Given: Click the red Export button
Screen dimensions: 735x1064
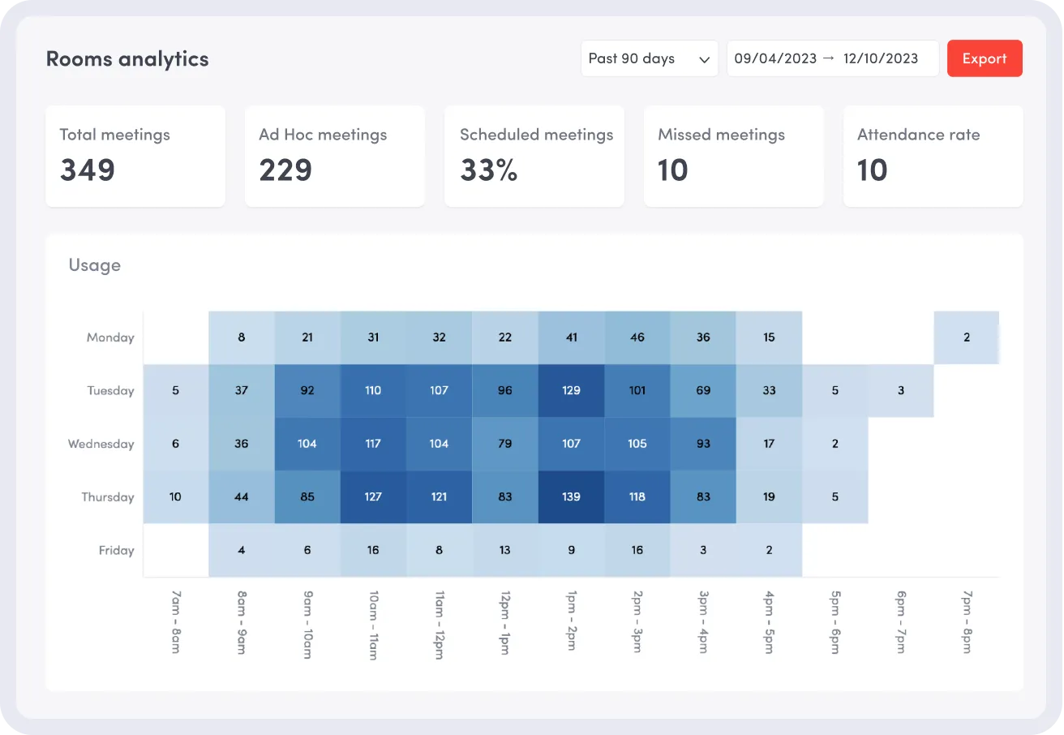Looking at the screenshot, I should pyautogui.click(x=985, y=58).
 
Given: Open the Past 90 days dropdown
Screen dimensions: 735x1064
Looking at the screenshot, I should pyautogui.click(x=649, y=58).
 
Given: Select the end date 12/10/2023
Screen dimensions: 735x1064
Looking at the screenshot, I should pyautogui.click(x=881, y=58).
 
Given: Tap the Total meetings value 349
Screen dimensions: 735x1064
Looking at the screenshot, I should pyautogui.click(x=88, y=170).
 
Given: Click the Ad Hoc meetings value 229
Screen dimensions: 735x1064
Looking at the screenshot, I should pyautogui.click(x=285, y=170).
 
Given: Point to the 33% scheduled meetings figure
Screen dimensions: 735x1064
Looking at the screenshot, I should pyautogui.click(x=488, y=170).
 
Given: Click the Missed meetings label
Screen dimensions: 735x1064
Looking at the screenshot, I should pyautogui.click(x=721, y=135).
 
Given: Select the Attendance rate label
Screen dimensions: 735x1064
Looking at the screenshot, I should pyautogui.click(x=918, y=135).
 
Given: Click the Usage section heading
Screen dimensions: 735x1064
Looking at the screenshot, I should pyautogui.click(x=94, y=265).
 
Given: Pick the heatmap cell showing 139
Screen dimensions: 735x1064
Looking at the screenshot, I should pyautogui.click(x=571, y=496).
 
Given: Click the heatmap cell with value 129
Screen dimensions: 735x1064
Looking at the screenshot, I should pyautogui.click(x=571, y=390).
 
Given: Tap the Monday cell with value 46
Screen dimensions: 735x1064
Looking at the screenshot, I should pyautogui.click(x=637, y=337).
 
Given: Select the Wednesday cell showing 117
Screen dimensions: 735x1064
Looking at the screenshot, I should pyautogui.click(x=373, y=444).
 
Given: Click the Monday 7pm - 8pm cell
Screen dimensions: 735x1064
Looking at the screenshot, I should pyautogui.click(x=966, y=337).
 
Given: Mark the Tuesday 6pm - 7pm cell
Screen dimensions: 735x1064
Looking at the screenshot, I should pyautogui.click(x=900, y=390).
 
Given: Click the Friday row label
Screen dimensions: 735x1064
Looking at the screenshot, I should pyautogui.click(x=116, y=550).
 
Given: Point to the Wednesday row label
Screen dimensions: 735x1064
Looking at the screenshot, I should pyautogui.click(x=101, y=444).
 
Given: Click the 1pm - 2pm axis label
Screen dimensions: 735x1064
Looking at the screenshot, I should pyautogui.click(x=571, y=622).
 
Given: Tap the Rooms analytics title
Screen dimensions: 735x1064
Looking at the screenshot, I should pyautogui.click(x=127, y=58).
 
